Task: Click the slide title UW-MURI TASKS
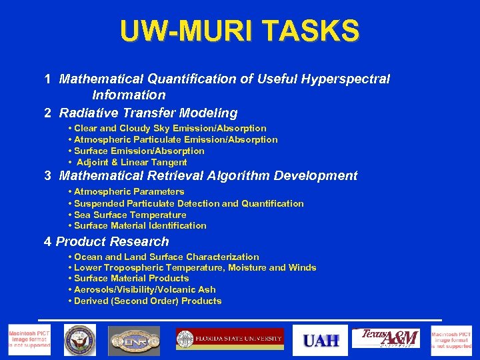(239, 30)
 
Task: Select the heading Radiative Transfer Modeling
(148, 113)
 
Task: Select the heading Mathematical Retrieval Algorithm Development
(208, 176)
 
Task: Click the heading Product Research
(112, 242)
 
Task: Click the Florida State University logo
(229, 339)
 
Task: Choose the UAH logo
(321, 341)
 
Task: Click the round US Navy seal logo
(80, 341)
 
